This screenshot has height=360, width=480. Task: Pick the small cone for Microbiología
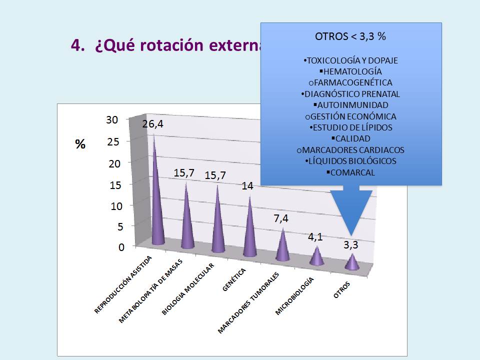(316, 256)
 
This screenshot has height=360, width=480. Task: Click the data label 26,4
(153, 124)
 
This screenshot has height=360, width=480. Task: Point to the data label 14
(247, 186)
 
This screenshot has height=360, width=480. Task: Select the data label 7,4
(281, 218)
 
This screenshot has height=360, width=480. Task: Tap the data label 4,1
(315, 237)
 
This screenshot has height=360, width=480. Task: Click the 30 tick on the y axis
(112, 120)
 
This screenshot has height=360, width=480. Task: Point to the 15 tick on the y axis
(115, 185)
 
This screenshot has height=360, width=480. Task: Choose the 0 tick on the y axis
(121, 247)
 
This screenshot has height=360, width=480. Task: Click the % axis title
(80, 144)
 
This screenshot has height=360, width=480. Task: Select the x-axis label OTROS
(341, 290)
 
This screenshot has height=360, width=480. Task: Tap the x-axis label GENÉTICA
(234, 279)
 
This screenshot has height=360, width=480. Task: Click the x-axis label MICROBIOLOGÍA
(294, 296)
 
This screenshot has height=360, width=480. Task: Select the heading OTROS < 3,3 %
(350, 36)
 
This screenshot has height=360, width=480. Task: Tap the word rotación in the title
(171, 45)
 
